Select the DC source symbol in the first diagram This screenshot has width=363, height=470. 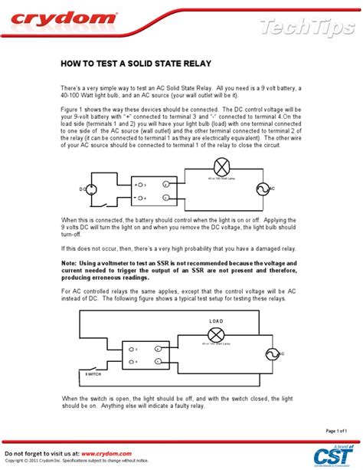(90, 189)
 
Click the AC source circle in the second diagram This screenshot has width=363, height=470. (270, 353)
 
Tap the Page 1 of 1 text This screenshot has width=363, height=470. (336, 430)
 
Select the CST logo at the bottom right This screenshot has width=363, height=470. (333, 455)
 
